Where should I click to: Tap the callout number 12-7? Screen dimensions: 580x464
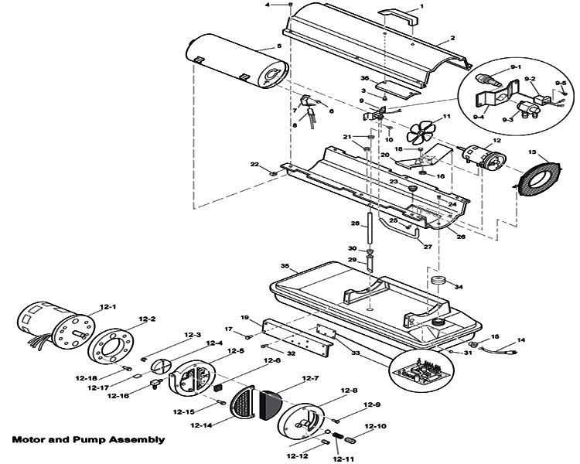pos(310,378)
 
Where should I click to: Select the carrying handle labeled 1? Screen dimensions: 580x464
pos(397,17)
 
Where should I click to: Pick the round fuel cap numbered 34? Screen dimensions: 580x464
pos(438,280)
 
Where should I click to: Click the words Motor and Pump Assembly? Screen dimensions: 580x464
pos(88,439)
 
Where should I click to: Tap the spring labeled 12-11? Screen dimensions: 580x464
pos(338,436)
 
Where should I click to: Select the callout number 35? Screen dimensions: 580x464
pos(285,266)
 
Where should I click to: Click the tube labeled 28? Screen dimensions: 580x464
pos(370,227)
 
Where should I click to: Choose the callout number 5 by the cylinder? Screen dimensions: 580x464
pos(279,46)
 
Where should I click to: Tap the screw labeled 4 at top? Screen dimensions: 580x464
pos(290,5)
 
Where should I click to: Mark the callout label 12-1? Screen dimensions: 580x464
pos(107,307)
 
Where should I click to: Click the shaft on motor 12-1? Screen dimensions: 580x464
pos(81,335)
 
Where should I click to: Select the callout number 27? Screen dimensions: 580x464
pos(428,247)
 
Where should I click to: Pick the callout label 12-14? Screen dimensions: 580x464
pos(201,425)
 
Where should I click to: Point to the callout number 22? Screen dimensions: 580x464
pos(254,164)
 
